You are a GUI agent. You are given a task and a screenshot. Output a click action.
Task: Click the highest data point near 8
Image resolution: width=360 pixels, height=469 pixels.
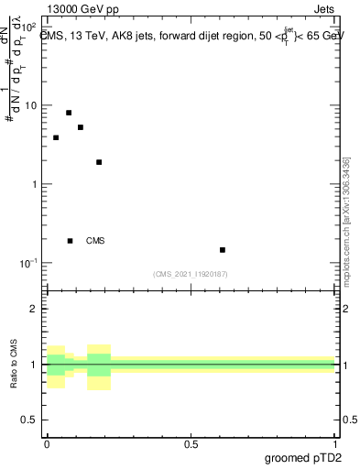[69, 113]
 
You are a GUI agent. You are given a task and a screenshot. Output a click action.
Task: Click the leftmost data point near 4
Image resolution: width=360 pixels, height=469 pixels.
[56, 137]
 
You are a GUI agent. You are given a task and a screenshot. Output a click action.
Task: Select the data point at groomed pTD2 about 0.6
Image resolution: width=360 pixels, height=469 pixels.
[223, 249]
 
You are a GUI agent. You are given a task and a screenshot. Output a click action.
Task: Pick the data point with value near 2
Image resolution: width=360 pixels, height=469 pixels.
[99, 162]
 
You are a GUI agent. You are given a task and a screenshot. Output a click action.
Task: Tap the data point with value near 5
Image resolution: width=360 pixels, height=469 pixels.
[81, 127]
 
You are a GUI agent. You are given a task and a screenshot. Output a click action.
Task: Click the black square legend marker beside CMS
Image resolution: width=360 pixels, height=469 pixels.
[70, 241]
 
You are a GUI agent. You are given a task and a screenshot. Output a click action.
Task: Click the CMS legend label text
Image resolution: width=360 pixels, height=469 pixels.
[95, 241]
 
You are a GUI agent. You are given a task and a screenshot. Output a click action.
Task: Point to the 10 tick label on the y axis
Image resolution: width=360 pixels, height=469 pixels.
[30, 105]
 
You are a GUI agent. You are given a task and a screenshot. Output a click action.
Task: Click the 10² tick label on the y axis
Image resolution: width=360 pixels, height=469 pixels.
[28, 26]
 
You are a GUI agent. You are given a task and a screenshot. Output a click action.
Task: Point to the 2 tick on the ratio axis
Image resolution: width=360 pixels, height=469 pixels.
[35, 309]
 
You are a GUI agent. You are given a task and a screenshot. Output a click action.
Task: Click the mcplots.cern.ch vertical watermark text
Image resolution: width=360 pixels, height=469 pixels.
[347, 220]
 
